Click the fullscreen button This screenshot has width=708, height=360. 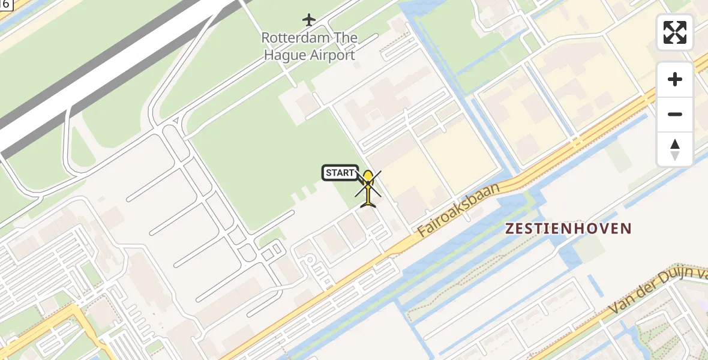675,32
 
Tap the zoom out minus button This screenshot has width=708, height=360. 675,115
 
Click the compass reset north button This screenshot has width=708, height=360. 675,149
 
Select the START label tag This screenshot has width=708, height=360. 340,173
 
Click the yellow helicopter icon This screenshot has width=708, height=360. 368,188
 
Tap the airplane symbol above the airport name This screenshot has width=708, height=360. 309,20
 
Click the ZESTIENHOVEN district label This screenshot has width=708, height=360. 568,229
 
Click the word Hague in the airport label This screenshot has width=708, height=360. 283,55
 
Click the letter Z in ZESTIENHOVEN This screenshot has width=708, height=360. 510,229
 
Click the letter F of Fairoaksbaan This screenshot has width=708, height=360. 422,230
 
